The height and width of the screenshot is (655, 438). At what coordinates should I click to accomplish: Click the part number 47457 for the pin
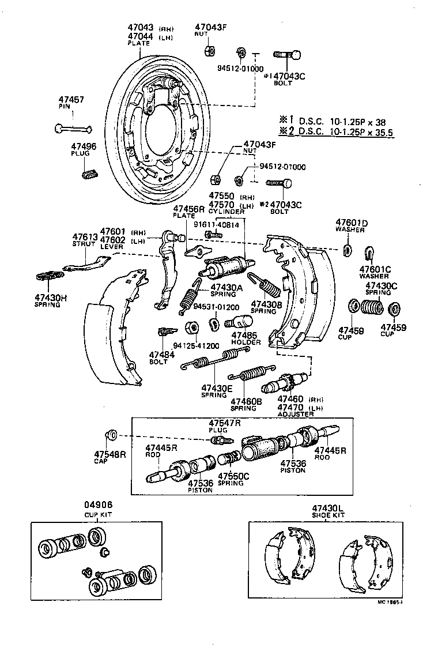tap(71, 100)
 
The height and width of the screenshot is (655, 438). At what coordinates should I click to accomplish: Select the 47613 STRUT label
tap(84, 240)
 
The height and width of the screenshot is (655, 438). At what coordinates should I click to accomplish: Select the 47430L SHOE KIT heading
tap(328, 511)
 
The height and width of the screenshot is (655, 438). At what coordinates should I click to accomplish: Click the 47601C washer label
tap(375, 272)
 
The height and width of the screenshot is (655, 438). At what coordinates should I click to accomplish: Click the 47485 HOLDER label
tap(246, 338)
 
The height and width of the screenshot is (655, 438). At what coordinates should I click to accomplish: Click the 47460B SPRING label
tap(247, 404)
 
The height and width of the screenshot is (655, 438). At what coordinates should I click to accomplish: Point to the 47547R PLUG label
tap(225, 426)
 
